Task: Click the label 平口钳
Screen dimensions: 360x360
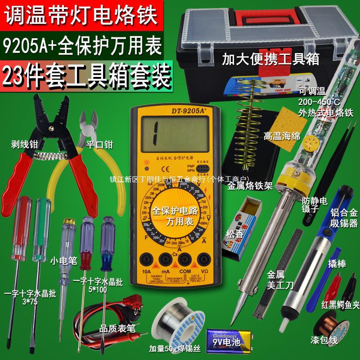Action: tap(99, 144)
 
